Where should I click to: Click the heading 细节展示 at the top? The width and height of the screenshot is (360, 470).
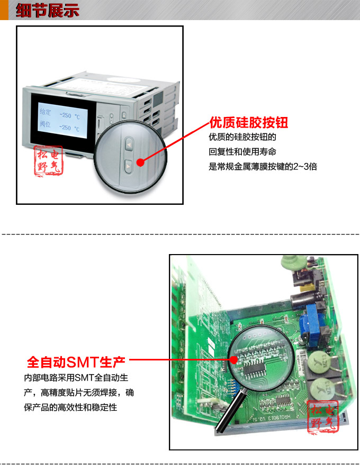click(x=47, y=11)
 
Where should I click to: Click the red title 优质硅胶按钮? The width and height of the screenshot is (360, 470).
click(x=248, y=123)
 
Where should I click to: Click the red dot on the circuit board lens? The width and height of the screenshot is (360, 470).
click(x=235, y=359)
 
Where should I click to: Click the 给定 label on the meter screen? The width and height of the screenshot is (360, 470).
click(x=46, y=112)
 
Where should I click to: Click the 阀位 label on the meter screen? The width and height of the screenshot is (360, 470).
click(x=46, y=128)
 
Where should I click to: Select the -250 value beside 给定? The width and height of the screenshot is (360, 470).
click(x=65, y=115)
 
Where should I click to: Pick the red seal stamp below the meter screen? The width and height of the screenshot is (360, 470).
click(x=49, y=161)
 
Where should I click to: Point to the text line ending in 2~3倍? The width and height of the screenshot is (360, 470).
click(x=263, y=166)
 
